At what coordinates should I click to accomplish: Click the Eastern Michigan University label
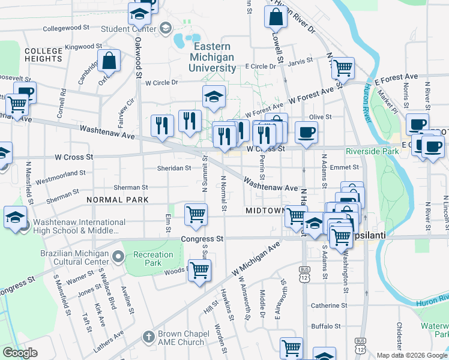pos(212,58)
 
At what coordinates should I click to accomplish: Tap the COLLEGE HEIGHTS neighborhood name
pos(43,56)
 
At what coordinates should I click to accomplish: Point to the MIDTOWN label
pos(264,211)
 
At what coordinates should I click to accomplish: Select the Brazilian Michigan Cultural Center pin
pos(118,257)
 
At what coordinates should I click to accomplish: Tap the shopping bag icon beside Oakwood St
pos(109,60)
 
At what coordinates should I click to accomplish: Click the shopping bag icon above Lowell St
pos(275,19)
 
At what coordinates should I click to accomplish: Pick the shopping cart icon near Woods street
pos(199,269)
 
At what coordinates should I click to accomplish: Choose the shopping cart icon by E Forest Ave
pos(342,68)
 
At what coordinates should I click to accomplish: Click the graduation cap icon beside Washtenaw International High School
pos(14,218)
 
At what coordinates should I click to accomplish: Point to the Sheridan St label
pos(174,168)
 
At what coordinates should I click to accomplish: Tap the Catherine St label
pos(326,305)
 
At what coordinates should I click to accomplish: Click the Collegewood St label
pos(66,28)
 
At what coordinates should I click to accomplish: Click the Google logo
pos(20,353)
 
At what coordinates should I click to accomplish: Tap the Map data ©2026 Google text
pos(412,355)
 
